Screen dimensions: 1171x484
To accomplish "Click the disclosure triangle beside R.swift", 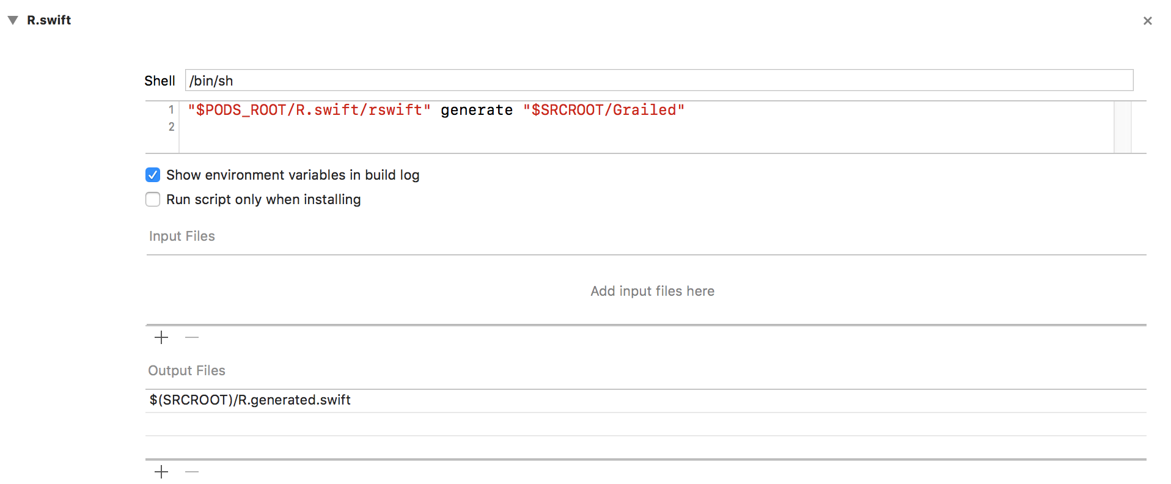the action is click(13, 20).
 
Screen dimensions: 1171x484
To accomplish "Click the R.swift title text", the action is click(49, 20).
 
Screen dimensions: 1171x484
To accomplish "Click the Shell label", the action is click(160, 81).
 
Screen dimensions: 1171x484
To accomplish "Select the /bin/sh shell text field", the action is click(659, 80).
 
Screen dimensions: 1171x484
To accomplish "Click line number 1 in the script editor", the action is click(172, 109).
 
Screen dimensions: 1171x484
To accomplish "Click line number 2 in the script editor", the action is click(172, 127).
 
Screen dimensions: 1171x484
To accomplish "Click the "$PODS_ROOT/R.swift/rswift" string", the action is click(309, 110).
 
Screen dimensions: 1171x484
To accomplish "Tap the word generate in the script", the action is click(477, 110).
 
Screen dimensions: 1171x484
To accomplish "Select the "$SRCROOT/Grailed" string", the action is click(604, 110).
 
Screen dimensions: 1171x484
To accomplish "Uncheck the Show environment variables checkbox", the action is click(153, 175).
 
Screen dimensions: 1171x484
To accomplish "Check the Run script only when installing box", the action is click(153, 200).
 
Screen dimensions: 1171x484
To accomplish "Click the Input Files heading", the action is click(182, 236).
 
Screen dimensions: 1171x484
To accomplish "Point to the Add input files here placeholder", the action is click(652, 291).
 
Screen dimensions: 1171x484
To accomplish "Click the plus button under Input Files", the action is click(161, 337).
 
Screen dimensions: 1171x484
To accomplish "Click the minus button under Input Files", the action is click(192, 337).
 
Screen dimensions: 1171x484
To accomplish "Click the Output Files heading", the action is click(186, 370).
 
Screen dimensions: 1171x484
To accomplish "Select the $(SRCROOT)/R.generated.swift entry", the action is click(250, 400).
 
